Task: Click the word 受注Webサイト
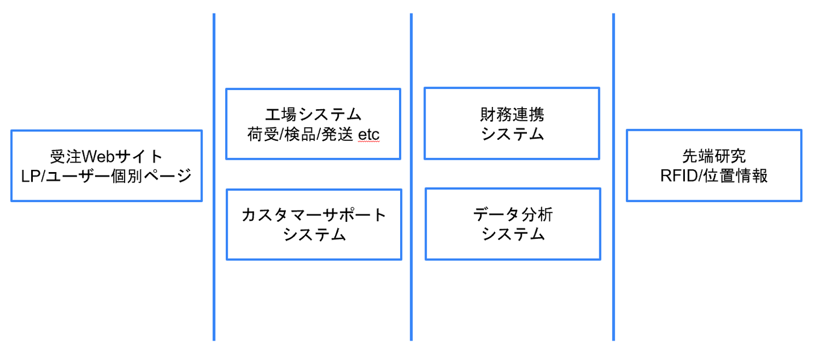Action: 106,156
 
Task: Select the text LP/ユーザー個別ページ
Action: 106,176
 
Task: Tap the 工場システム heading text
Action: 313,114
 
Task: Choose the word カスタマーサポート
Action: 314,215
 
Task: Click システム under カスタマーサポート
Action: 314,235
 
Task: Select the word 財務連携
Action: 512,114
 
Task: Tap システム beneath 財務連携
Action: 512,135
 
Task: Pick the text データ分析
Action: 513,215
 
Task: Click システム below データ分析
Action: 513,235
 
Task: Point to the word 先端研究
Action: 714,156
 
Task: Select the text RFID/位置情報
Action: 714,176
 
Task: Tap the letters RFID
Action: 679,176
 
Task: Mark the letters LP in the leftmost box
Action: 31,176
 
